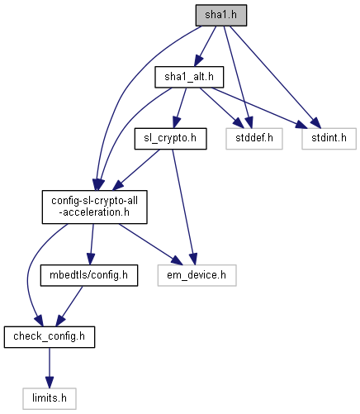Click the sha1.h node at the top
click(x=221, y=16)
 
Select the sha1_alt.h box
click(x=189, y=77)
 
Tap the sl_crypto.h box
click(x=170, y=139)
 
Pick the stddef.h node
click(x=254, y=139)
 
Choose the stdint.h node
click(x=329, y=139)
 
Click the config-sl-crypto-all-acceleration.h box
click(x=94, y=207)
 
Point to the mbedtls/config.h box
click(x=89, y=275)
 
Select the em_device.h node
click(x=197, y=275)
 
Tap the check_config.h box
click(x=50, y=337)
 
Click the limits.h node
click(x=50, y=398)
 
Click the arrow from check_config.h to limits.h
click(x=50, y=368)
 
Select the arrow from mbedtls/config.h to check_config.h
click(x=69, y=307)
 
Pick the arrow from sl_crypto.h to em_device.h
click(x=182, y=207)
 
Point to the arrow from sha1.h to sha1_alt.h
click(x=205, y=46)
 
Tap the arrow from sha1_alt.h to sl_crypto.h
click(x=179, y=108)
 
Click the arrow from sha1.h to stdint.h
click(x=275, y=77)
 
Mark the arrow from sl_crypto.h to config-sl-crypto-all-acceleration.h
click(x=136, y=170)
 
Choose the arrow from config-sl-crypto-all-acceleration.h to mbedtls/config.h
click(x=92, y=244)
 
